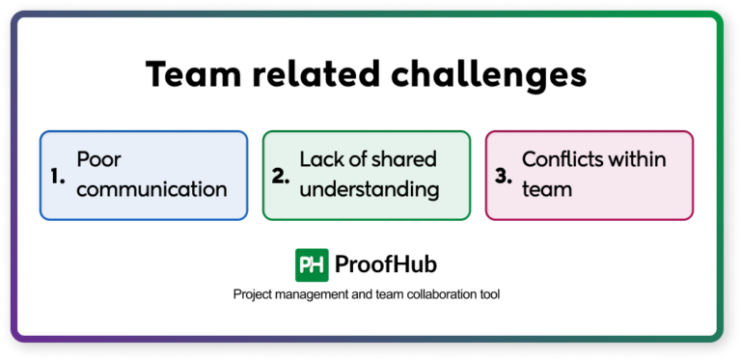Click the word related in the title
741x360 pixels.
pyautogui.click(x=311, y=75)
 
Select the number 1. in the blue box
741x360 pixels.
pyautogui.click(x=57, y=176)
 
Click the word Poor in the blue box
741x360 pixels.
pyautogui.click(x=99, y=159)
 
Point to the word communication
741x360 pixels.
pyautogui.click(x=151, y=188)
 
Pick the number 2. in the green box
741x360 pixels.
pyautogui.click(x=281, y=176)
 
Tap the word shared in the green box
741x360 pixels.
pyautogui.click(x=404, y=159)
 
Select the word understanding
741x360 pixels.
pyautogui.click(x=370, y=189)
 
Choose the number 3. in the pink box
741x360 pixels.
pyautogui.click(x=503, y=176)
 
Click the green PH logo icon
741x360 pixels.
pyautogui.click(x=310, y=263)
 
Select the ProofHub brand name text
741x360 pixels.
pyautogui.click(x=386, y=263)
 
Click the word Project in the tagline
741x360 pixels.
pyautogui.click(x=254, y=294)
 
